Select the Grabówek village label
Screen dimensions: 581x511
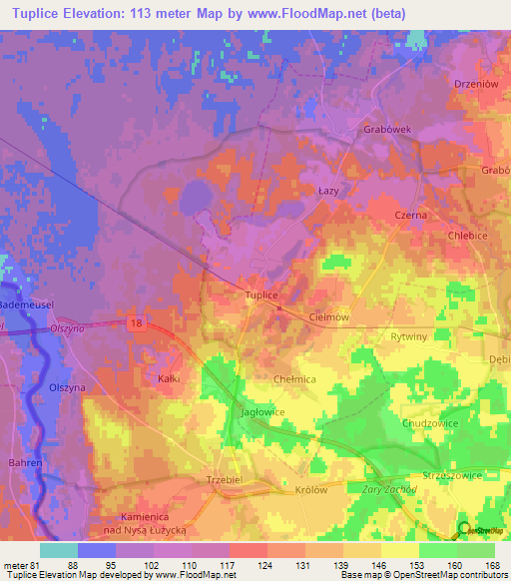pos(386,129)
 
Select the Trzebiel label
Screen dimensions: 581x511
pos(225,479)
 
